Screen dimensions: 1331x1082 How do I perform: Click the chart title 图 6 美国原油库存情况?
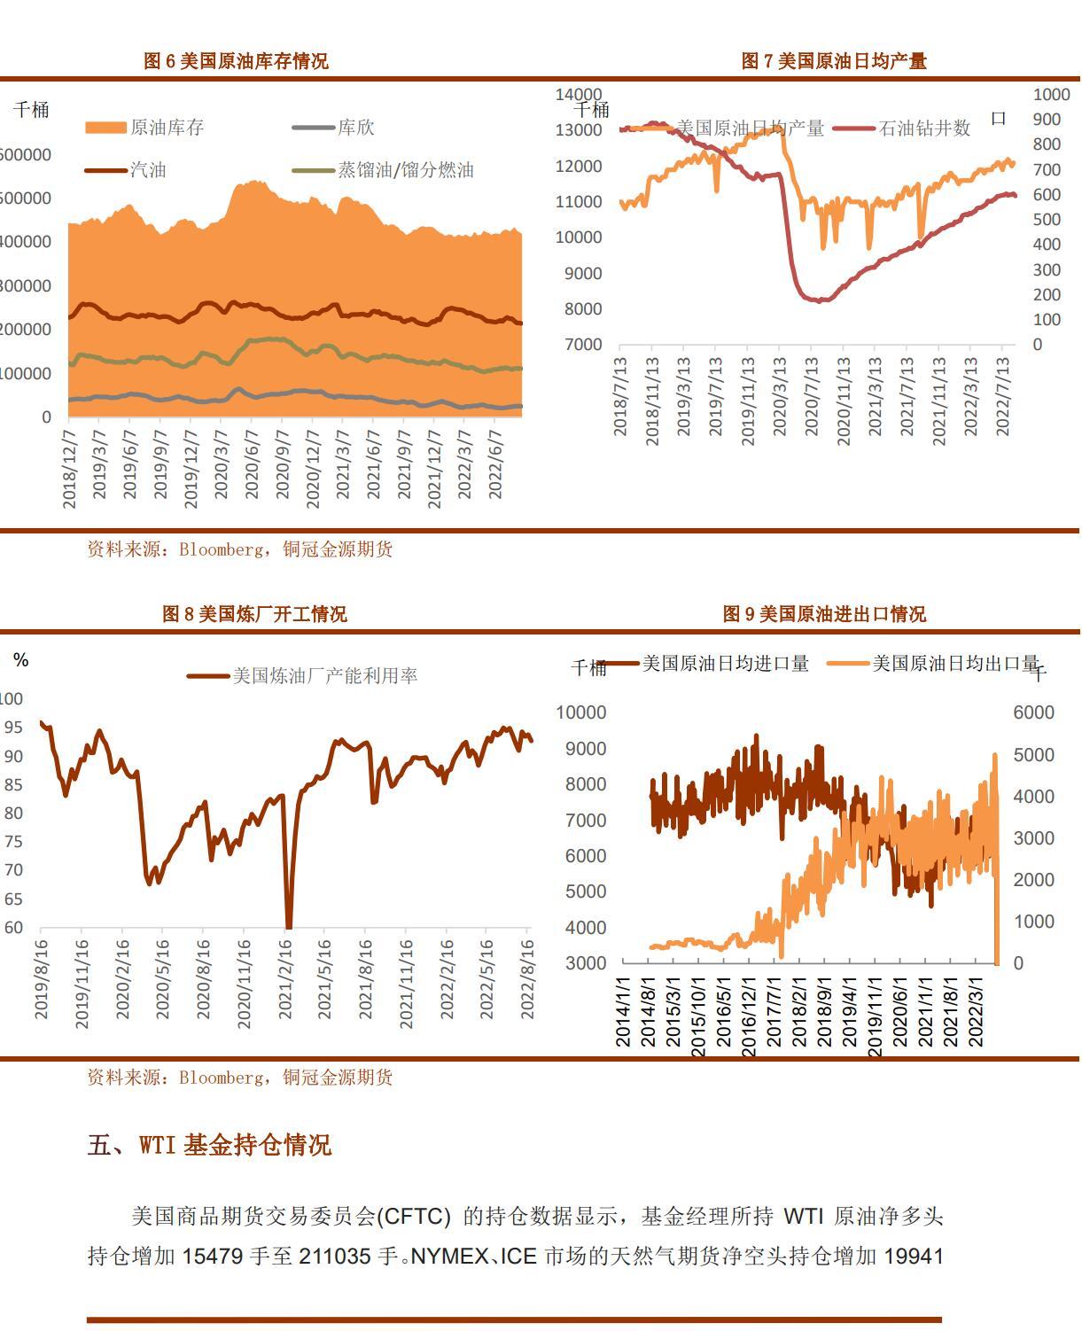[x=236, y=61]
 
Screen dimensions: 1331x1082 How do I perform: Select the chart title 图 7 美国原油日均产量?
[x=833, y=61]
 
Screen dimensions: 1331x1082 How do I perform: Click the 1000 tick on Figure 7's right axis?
[x=1051, y=94]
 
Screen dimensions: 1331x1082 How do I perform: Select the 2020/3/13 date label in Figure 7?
[x=780, y=396]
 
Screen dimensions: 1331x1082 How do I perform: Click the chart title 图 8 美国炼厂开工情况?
[x=254, y=614]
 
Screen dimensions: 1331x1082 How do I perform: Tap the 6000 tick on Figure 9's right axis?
[x=1033, y=712]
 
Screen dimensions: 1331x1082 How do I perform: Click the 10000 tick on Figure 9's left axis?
[x=581, y=712]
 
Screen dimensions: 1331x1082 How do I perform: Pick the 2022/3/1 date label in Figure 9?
[x=977, y=1011]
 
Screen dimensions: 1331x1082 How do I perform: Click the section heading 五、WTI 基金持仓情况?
[x=209, y=1145]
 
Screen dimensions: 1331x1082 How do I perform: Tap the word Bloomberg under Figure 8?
[x=221, y=1078]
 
